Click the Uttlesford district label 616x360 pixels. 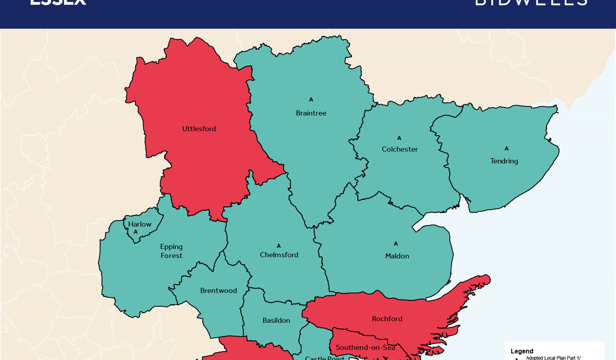[x=199, y=129]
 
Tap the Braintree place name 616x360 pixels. [x=311, y=113]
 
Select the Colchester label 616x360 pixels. [x=399, y=149]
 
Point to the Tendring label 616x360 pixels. [x=504, y=161]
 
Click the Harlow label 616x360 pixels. [x=140, y=224]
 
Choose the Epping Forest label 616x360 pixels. [x=171, y=251]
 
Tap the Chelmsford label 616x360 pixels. [x=279, y=255]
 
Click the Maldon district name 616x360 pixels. [x=397, y=256]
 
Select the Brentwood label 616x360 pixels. [x=218, y=291]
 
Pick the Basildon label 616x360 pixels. [x=276, y=320]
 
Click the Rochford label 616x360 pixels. [x=387, y=319]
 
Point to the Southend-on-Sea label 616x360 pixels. [x=365, y=348]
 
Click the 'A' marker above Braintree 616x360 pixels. [x=311, y=100]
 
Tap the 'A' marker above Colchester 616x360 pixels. [x=399, y=138]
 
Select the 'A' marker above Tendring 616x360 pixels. [x=507, y=149]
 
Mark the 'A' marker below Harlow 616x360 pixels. [x=136, y=232]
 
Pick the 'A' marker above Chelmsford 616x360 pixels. [x=279, y=246]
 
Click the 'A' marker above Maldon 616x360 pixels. [x=396, y=244]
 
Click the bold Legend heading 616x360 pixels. [x=522, y=351]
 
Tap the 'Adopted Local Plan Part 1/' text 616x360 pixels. [x=553, y=357]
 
